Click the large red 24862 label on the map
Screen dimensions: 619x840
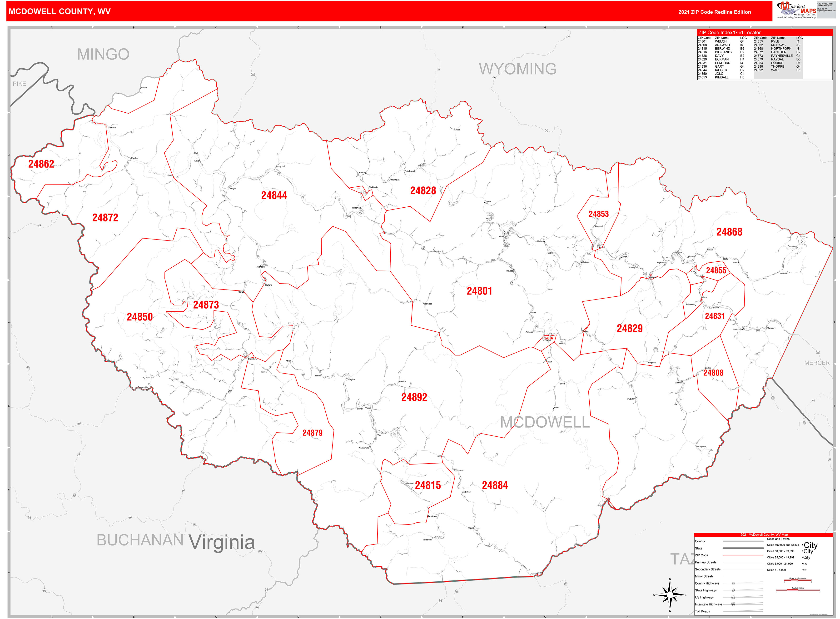click(41, 164)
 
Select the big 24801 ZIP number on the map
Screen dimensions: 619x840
click(479, 291)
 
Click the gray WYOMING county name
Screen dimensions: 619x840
click(517, 69)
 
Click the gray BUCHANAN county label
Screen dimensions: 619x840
click(140, 540)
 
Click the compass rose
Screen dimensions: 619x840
click(670, 595)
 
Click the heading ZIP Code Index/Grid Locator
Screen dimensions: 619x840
click(729, 33)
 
